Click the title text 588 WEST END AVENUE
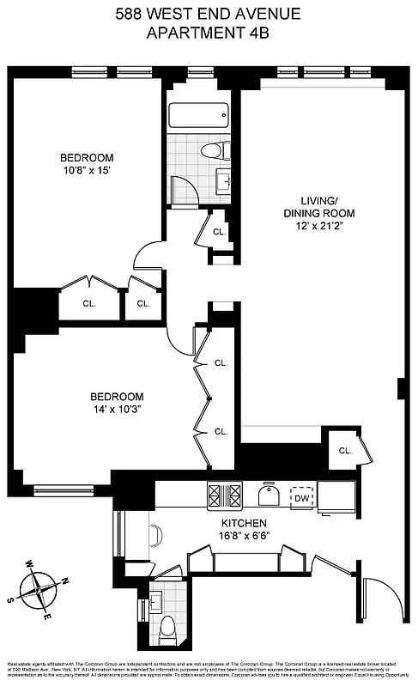point(209,15)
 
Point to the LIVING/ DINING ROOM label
point(320,207)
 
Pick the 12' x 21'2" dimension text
point(320,228)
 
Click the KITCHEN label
point(243,523)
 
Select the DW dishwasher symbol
point(301,497)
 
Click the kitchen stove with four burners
point(225,495)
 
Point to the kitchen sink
point(272,496)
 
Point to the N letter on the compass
point(64,581)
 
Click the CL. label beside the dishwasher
point(344,451)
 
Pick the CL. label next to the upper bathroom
point(218,232)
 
